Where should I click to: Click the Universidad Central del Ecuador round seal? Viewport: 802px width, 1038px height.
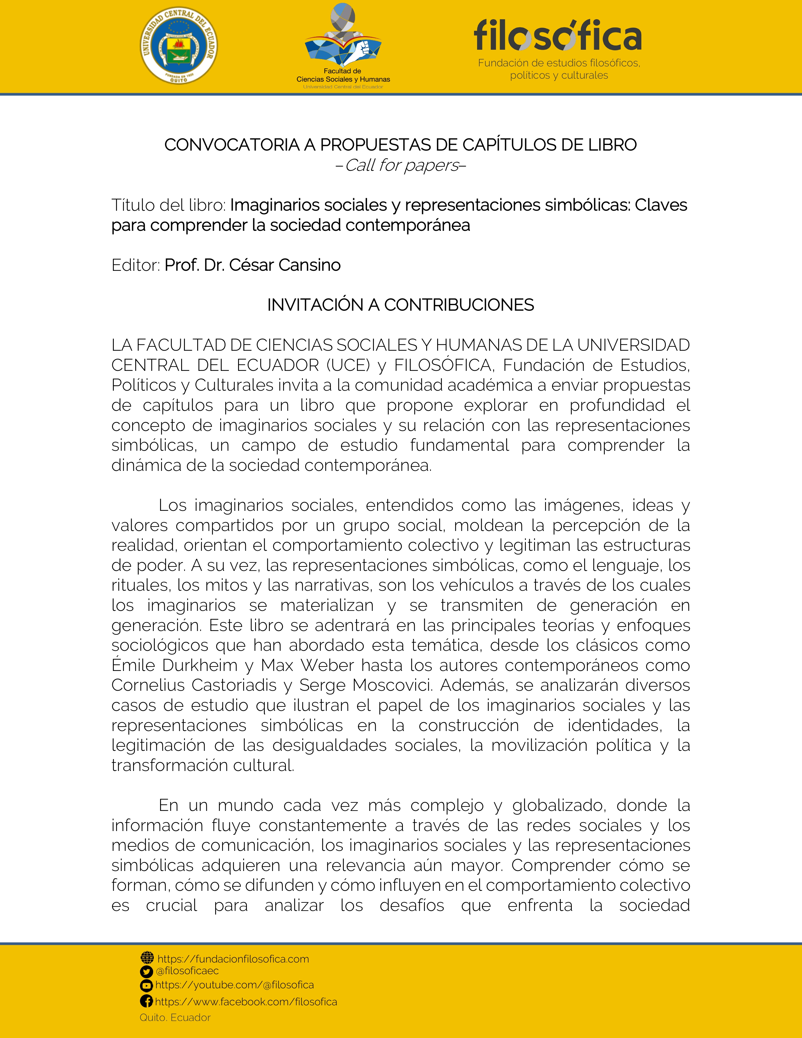[179, 47]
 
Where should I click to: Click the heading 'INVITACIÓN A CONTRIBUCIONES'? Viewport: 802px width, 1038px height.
[400, 305]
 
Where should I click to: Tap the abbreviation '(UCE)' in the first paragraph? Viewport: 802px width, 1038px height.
[348, 365]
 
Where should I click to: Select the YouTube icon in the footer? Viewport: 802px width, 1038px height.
[147, 985]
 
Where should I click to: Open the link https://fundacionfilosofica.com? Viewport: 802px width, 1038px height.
[233, 959]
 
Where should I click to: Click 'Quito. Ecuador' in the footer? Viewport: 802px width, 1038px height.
[175, 1018]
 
